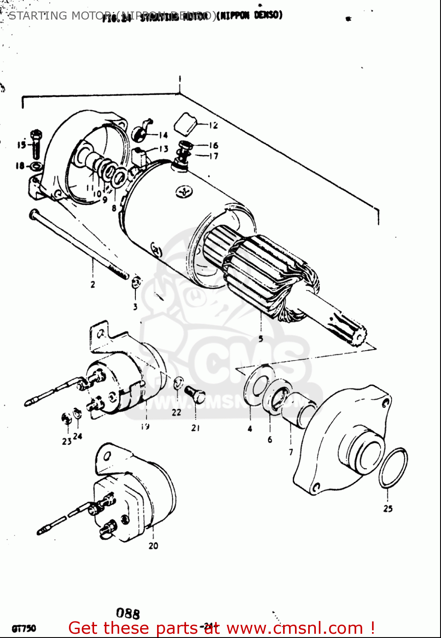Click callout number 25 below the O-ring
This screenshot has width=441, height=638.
[388, 508]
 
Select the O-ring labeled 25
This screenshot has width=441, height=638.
[393, 467]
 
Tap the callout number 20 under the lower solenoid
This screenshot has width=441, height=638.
[153, 545]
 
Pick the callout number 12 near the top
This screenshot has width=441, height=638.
[213, 125]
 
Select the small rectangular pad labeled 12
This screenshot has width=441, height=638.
[185, 123]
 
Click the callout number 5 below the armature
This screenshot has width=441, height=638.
[261, 339]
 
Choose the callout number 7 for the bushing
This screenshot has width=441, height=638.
[291, 452]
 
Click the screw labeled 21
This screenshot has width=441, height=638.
[195, 394]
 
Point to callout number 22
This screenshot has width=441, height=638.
[176, 412]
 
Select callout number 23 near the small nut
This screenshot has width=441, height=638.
[66, 441]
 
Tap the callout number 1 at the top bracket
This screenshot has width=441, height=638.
[180, 79]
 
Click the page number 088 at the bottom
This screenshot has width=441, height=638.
[128, 613]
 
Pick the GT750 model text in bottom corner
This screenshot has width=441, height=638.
[24, 628]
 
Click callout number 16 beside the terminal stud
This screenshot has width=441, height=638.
[213, 145]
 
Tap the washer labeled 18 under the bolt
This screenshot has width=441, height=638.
[36, 165]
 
